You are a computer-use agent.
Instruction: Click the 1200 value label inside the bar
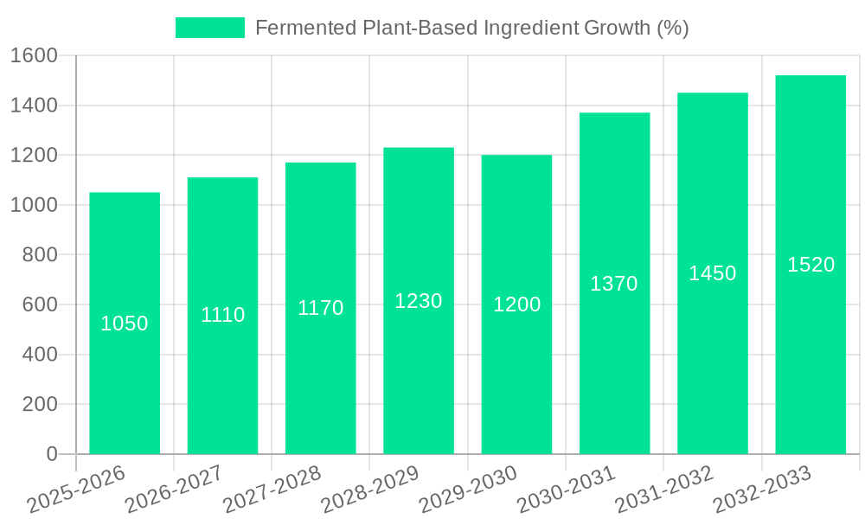point(516,304)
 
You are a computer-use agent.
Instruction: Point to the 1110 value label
point(222,315)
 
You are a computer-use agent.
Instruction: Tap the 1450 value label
point(712,273)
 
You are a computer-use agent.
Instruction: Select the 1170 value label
point(320,308)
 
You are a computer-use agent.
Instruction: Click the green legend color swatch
point(209,28)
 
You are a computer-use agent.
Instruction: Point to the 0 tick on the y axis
point(51,454)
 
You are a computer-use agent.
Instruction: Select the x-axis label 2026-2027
point(174,490)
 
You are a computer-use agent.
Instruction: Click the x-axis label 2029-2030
point(468,490)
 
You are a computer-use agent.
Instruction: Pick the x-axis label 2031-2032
point(664,490)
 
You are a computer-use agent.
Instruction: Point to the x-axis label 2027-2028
point(272,490)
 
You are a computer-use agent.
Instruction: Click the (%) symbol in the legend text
point(672,28)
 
